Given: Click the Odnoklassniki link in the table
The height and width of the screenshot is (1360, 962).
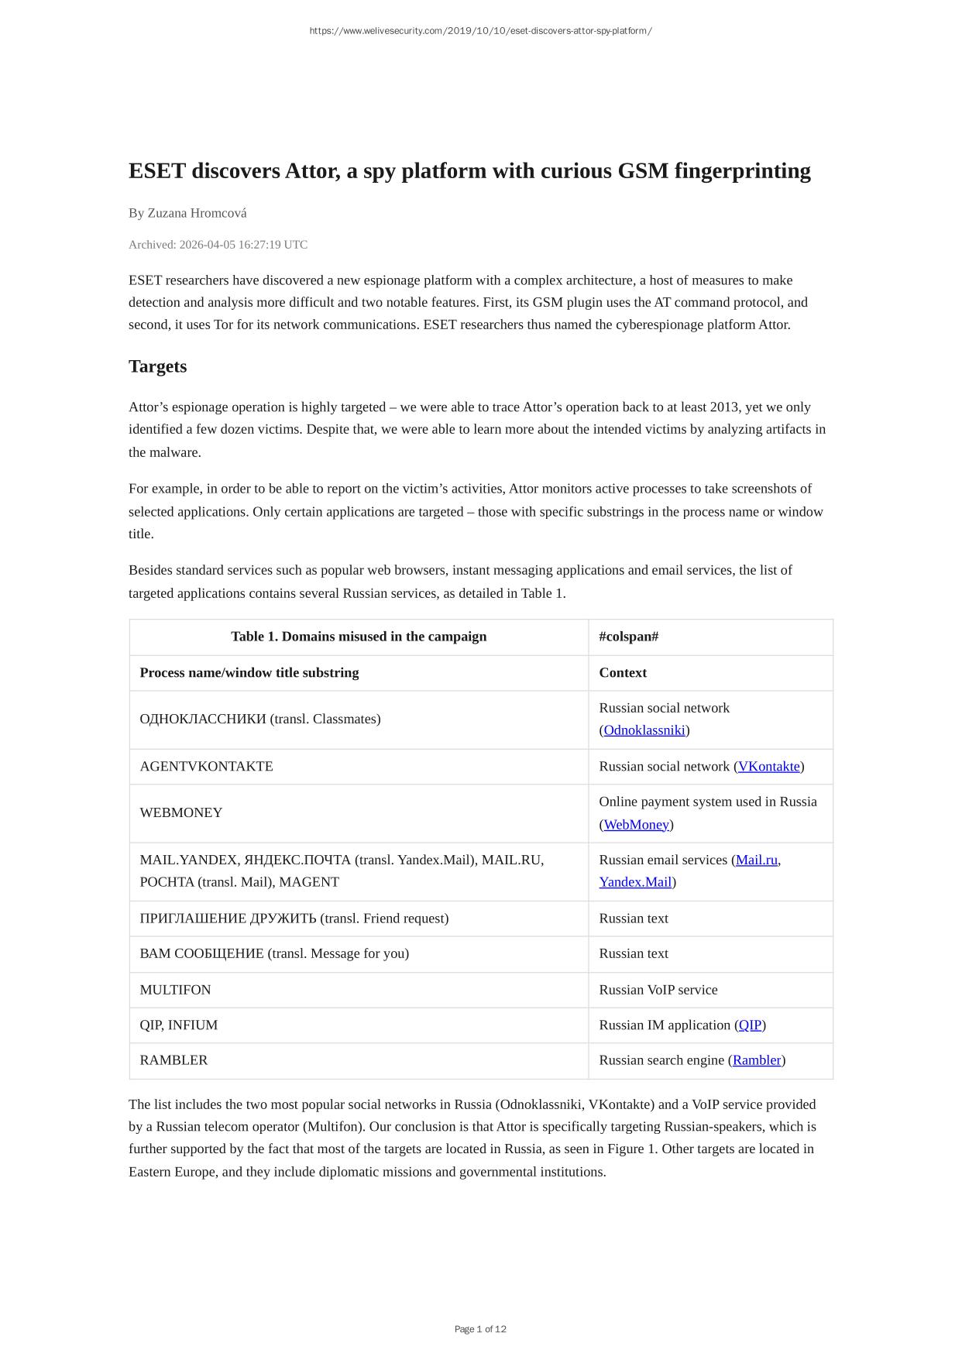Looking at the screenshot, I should (x=644, y=730).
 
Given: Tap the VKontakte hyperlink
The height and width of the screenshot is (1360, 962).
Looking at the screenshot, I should (x=768, y=767).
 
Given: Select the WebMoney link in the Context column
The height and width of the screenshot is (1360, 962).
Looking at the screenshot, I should (x=636, y=825).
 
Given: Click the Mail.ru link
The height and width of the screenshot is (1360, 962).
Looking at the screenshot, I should (x=756, y=860).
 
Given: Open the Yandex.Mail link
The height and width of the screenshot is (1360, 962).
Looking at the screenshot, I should (x=635, y=882).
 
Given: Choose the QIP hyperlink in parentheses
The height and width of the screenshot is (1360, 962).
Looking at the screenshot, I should (x=750, y=1025).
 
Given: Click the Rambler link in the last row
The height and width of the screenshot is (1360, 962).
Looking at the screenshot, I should (x=757, y=1060).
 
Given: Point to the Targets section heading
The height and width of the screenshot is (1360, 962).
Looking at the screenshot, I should (x=158, y=366).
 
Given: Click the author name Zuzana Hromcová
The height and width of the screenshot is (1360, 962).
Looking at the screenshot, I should (x=197, y=213).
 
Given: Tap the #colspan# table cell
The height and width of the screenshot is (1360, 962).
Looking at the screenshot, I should (x=629, y=637).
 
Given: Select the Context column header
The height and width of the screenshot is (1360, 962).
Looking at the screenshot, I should (x=623, y=673).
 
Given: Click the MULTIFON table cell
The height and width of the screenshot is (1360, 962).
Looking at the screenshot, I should (x=176, y=990).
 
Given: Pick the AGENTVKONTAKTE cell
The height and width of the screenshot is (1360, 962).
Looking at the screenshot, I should (x=207, y=767).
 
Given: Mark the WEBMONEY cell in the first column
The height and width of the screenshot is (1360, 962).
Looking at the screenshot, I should (x=181, y=813).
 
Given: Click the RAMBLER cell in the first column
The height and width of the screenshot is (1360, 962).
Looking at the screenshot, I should (x=174, y=1060).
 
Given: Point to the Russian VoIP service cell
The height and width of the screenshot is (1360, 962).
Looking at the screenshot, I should (x=658, y=990).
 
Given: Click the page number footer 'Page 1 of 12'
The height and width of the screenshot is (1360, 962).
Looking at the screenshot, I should (x=480, y=1329).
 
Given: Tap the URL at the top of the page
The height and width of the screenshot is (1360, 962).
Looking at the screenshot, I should (x=480, y=31).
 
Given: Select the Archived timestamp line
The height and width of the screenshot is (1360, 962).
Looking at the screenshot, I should (x=218, y=245).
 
